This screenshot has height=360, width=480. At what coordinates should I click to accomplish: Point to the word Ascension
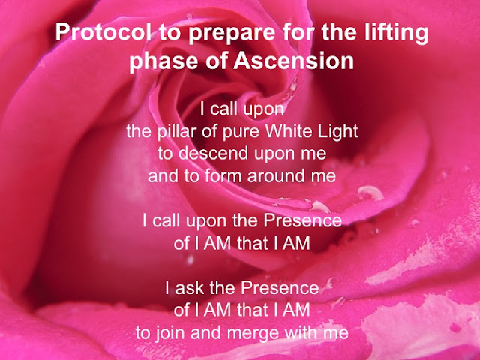click(x=293, y=61)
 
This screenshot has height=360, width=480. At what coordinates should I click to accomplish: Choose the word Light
click(x=338, y=132)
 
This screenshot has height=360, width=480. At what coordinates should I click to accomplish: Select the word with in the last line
click(x=301, y=332)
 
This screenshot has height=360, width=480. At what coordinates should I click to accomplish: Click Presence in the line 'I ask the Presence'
click(x=280, y=288)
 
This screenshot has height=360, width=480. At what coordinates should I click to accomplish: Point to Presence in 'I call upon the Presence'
click(x=302, y=220)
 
